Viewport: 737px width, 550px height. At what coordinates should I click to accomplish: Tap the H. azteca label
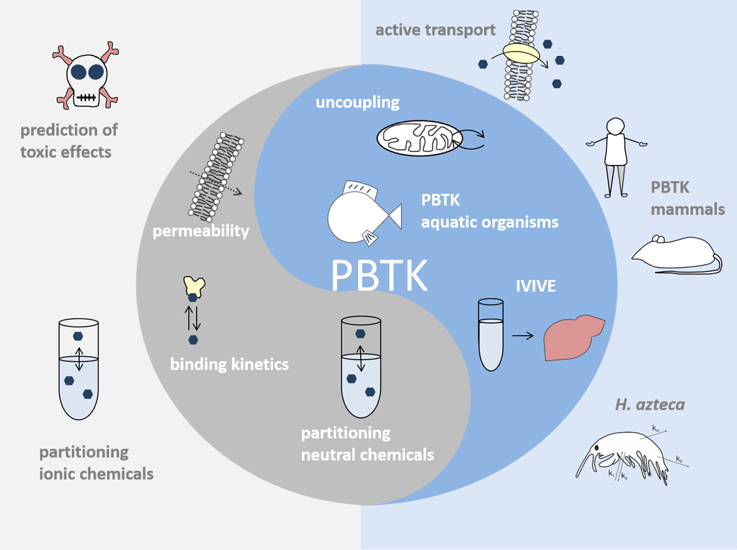click(650, 405)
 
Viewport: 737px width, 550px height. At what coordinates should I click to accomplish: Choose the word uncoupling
click(358, 102)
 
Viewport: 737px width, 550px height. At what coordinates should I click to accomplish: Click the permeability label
click(202, 231)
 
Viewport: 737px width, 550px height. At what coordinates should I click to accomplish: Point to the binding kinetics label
click(229, 365)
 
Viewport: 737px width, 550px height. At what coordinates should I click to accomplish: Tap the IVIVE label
click(536, 285)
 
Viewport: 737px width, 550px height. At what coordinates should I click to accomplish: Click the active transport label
click(435, 30)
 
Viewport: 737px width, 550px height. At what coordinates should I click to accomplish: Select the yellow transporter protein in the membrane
click(521, 54)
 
